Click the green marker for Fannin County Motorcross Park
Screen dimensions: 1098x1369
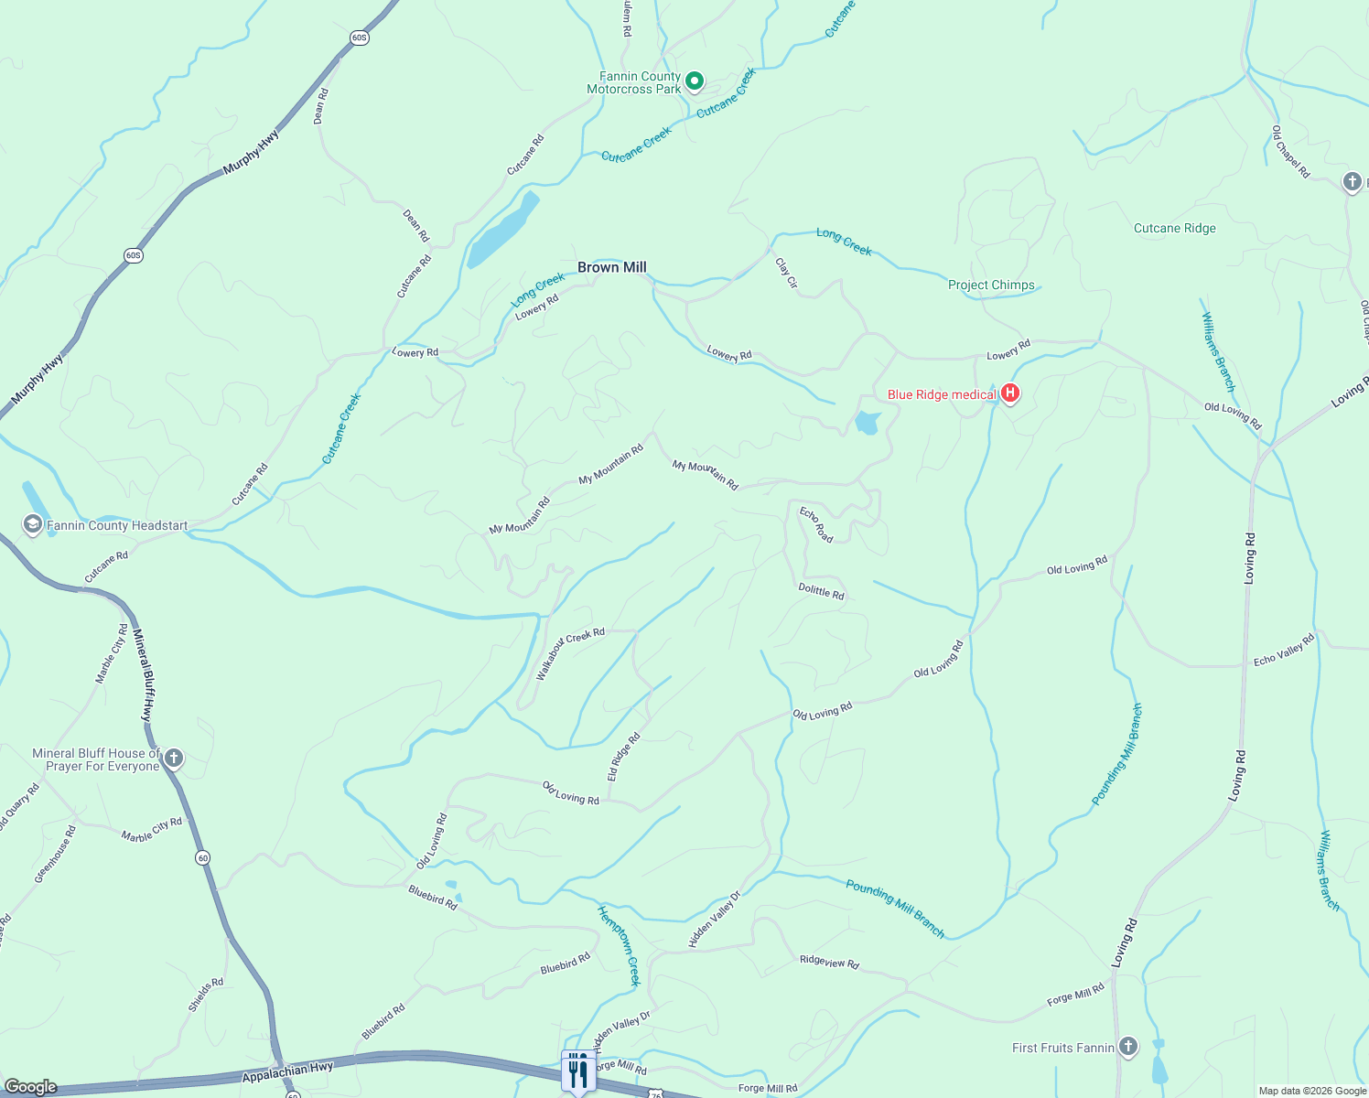click(695, 81)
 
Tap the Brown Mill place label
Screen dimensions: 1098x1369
click(611, 267)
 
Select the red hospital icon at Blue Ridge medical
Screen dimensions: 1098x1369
click(1010, 393)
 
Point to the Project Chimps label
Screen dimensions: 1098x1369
click(991, 285)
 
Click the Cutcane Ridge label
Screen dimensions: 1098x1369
click(1174, 228)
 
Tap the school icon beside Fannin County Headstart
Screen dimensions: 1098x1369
click(33, 525)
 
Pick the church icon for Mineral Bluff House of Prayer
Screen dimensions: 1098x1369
click(174, 759)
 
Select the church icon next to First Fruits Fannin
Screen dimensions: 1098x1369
click(1128, 1047)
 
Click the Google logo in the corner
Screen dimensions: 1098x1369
click(30, 1087)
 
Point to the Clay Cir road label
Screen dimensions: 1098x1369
click(786, 273)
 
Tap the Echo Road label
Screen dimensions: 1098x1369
click(816, 524)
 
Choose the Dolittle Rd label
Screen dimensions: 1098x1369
click(821, 592)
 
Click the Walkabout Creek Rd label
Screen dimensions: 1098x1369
click(569, 653)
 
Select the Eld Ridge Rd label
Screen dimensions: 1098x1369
click(623, 757)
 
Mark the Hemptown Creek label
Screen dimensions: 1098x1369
click(620, 944)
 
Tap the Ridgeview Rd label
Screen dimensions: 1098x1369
click(829, 962)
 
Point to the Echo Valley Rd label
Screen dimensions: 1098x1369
click(1283, 649)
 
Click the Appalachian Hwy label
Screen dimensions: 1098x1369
click(287, 1071)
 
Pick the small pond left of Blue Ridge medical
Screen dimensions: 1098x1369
click(867, 423)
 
